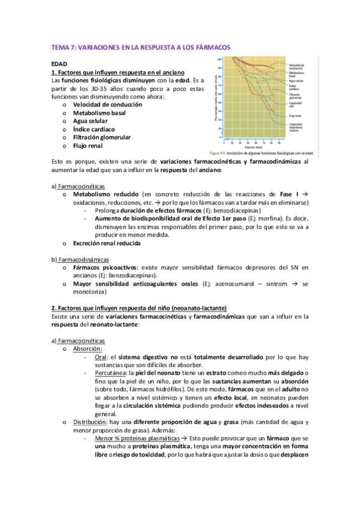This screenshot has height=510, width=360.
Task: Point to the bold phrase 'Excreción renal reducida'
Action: point(106,244)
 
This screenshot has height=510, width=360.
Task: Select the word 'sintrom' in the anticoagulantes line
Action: point(278,284)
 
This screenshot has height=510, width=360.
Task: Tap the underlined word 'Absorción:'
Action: point(87,348)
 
